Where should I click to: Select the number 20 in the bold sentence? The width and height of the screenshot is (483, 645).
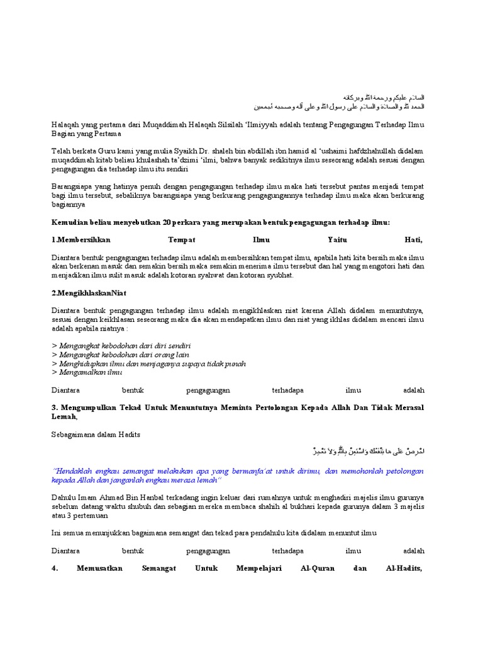click(x=167, y=222)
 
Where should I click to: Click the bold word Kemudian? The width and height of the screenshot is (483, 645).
click(x=69, y=222)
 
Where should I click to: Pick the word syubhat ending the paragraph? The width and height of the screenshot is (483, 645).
click(x=279, y=275)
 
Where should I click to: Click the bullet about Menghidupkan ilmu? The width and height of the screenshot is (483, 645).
click(x=148, y=364)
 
